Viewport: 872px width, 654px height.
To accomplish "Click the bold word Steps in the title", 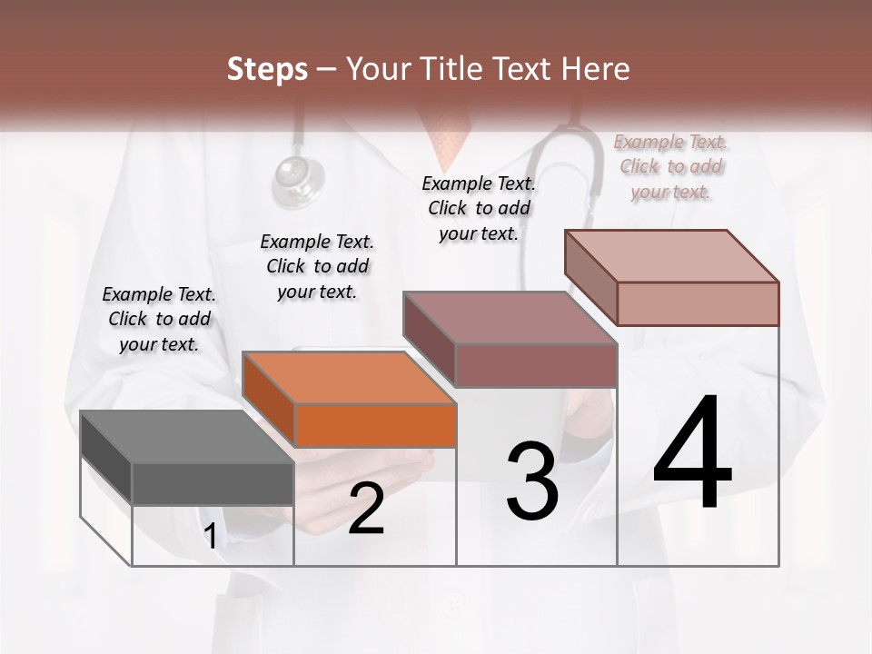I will [x=266, y=69].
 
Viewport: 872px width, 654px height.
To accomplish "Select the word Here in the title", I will [x=594, y=69].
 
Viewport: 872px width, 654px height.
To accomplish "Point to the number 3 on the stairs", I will [x=532, y=481].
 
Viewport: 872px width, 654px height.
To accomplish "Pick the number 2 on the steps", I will [x=366, y=509].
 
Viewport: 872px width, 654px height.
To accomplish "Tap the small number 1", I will [x=211, y=537].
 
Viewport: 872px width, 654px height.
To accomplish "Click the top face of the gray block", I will [x=186, y=437].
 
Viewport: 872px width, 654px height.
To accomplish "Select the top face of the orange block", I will [x=348, y=377].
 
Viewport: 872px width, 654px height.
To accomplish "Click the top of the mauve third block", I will [x=509, y=318].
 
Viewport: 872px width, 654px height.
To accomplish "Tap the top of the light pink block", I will [x=670, y=256].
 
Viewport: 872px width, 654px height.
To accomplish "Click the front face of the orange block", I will [x=375, y=425].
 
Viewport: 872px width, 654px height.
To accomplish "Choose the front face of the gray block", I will [x=213, y=483].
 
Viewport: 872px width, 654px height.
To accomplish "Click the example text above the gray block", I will [x=159, y=319].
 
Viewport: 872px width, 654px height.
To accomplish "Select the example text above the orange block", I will [x=317, y=266].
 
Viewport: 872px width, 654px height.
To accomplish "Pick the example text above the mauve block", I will [x=479, y=208].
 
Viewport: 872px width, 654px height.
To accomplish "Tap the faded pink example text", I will [x=670, y=166].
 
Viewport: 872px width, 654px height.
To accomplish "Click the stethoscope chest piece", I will [x=299, y=178].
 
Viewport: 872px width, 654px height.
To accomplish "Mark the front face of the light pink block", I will [x=698, y=303].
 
